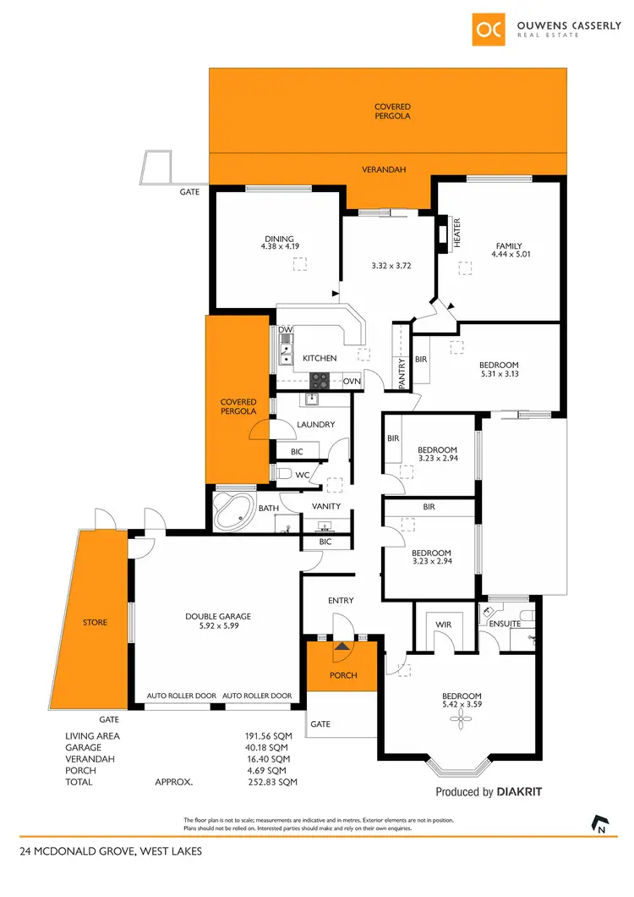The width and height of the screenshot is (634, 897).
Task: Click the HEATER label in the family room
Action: [x=457, y=232]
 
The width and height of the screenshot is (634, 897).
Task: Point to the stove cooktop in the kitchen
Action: [x=321, y=380]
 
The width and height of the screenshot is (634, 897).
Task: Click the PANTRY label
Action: [x=402, y=373]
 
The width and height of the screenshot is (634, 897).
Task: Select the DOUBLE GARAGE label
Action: [x=218, y=616]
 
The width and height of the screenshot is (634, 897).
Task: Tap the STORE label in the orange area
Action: [x=95, y=623]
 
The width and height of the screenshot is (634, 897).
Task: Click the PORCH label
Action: [x=343, y=675]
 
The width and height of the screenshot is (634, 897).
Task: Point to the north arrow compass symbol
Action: [x=601, y=823]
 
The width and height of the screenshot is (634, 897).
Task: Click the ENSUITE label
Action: [x=506, y=625]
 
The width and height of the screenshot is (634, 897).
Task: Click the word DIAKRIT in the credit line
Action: [x=519, y=793]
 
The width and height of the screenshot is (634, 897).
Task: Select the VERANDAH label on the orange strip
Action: [x=384, y=170]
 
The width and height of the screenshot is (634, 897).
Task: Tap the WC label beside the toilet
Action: [x=302, y=476]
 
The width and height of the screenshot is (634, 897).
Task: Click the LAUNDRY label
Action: [x=316, y=425]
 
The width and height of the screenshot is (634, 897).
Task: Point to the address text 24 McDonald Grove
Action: [x=111, y=851]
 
